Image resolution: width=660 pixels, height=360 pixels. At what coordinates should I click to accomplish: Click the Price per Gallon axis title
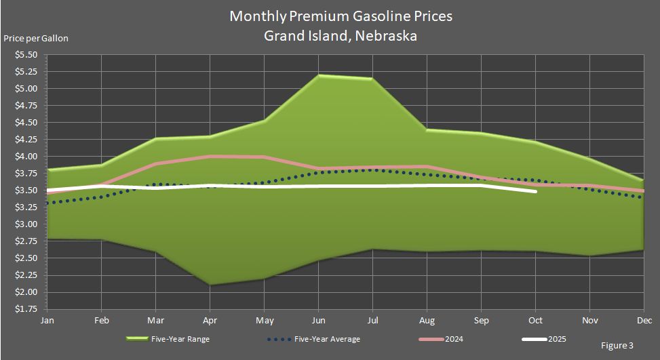(x=36, y=38)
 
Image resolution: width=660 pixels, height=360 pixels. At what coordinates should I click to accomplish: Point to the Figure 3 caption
(x=617, y=346)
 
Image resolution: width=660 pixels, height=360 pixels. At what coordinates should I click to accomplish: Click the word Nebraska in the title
(x=385, y=35)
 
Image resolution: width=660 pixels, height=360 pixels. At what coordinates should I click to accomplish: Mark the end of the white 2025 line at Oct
(x=535, y=191)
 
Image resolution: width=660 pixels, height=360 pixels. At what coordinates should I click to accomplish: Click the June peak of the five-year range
(x=318, y=75)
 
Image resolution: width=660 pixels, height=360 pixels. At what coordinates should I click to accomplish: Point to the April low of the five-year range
(x=210, y=285)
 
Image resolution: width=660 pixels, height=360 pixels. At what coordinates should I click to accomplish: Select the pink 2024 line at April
(x=210, y=157)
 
